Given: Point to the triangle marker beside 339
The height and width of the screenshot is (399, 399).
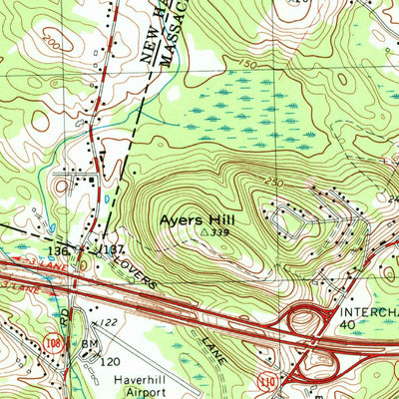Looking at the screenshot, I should pyautogui.click(x=204, y=230).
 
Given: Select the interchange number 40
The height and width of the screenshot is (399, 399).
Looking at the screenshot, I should pyautogui.click(x=347, y=324).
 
